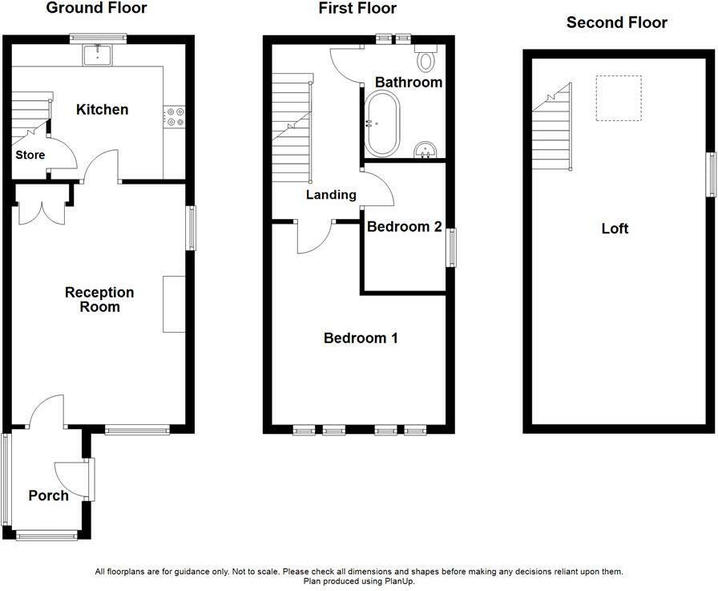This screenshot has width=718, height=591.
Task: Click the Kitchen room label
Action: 102,109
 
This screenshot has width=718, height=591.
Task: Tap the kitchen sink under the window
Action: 99,54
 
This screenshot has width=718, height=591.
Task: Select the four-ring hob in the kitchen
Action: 174,117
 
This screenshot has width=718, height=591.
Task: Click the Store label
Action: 30,155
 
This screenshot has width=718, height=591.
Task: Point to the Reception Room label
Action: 99,299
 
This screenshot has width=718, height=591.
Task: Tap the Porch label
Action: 48,496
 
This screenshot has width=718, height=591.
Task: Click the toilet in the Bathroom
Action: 426,60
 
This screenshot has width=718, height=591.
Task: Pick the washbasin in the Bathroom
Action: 426,149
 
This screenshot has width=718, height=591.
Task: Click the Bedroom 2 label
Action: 404,227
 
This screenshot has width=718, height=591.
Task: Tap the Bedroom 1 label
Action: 361,338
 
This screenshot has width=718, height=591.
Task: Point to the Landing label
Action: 331,195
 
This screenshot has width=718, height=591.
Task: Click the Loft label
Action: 615,229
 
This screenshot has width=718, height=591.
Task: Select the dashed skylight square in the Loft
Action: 619,98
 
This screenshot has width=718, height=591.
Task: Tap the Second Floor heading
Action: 616,22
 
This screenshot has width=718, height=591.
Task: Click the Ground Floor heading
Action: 96,9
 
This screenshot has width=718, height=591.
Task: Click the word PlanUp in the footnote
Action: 397,581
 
